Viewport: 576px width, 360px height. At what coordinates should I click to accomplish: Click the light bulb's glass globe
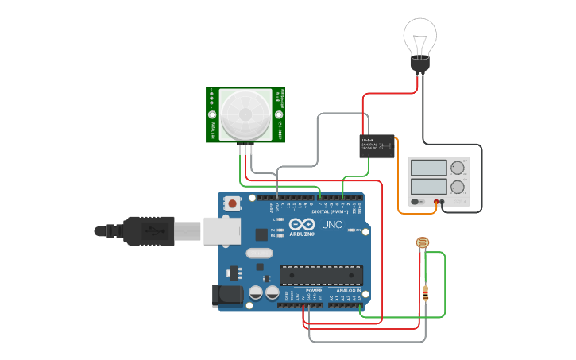420,35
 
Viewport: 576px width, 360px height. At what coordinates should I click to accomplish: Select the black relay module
377,145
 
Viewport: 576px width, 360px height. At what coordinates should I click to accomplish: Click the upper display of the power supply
429,168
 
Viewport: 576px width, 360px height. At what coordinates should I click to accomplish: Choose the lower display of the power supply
429,188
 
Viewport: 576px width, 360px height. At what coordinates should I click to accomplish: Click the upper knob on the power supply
458,168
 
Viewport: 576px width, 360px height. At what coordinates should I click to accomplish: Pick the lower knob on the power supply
458,188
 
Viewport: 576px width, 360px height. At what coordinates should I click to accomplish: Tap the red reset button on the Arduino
231,203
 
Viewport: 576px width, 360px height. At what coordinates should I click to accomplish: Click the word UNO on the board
333,225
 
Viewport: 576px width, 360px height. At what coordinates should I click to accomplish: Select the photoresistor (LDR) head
423,242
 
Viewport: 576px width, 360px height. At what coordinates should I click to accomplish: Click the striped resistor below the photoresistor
426,293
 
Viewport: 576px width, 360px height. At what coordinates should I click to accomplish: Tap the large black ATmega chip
321,275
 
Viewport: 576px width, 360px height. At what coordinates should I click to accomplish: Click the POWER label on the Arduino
314,291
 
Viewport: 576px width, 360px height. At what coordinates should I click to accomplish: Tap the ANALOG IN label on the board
348,291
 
